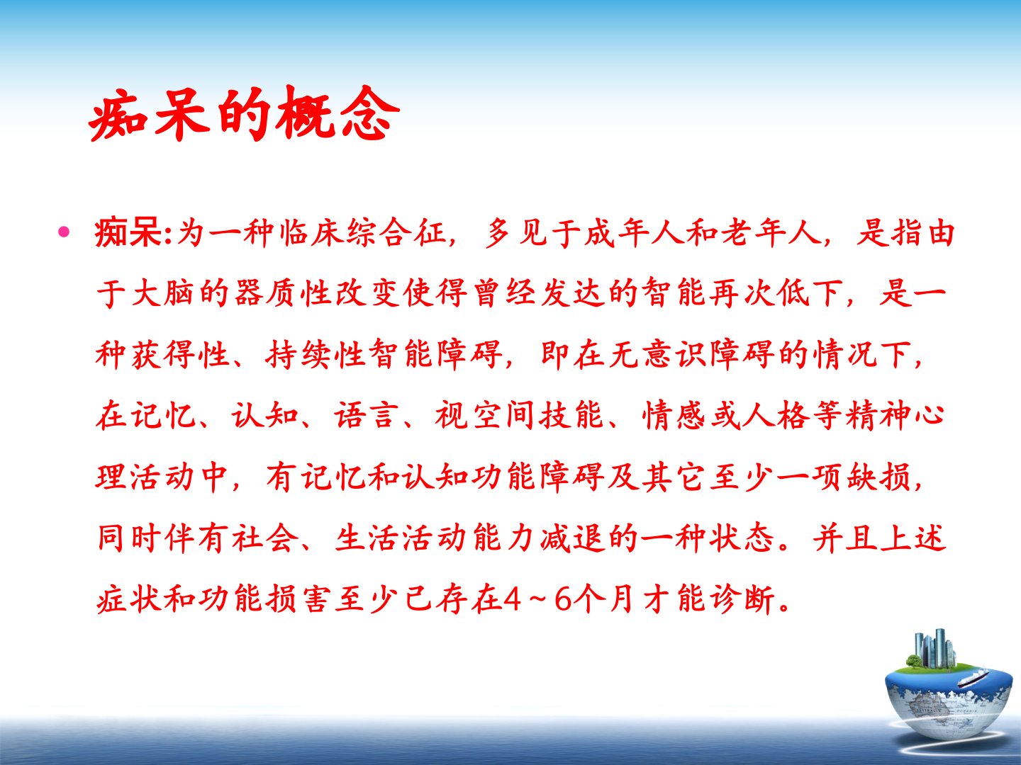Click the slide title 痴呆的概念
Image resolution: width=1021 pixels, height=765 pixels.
pos(244,114)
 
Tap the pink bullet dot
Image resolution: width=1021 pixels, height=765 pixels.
pos(64,232)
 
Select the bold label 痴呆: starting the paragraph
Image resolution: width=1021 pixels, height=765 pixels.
pos(133,233)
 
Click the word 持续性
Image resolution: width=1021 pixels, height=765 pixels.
pos(316,354)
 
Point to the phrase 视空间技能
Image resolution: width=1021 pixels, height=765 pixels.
pos(518,415)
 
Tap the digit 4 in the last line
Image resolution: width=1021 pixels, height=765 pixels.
pos(513,600)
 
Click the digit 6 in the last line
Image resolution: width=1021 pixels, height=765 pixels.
pos(563,600)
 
